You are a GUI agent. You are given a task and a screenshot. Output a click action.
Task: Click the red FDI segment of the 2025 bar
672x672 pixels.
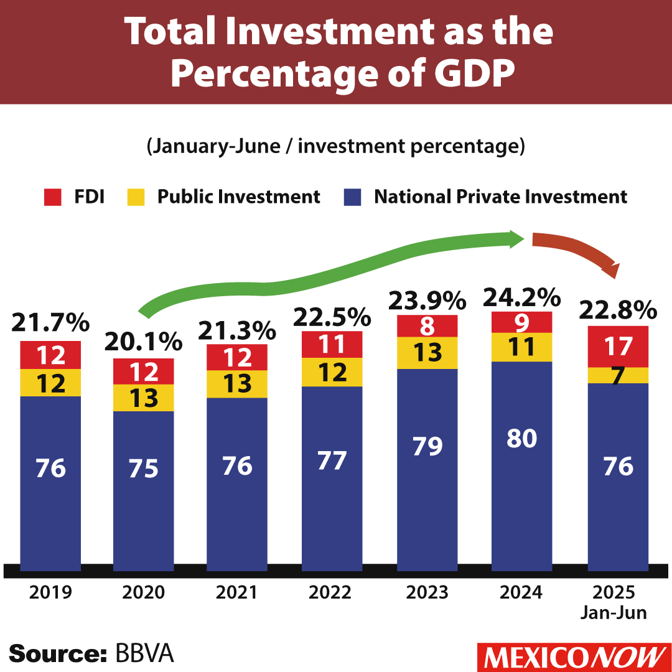click(618, 347)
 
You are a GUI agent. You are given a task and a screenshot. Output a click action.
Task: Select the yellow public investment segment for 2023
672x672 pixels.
click(427, 353)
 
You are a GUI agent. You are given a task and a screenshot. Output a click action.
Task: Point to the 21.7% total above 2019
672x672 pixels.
click(51, 323)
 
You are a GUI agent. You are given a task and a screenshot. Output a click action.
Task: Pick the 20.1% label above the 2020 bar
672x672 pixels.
click(143, 342)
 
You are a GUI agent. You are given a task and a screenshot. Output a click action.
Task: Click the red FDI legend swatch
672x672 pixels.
click(51, 197)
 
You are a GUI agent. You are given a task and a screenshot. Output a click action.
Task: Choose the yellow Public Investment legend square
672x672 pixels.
click(136, 197)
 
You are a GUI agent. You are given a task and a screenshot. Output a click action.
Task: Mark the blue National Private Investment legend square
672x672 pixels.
click(352, 197)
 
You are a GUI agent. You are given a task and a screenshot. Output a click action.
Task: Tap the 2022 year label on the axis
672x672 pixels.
click(332, 592)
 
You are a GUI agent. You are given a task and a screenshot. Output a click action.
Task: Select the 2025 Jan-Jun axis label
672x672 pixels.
click(614, 602)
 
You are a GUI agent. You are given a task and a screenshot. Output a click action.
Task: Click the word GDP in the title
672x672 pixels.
click(472, 73)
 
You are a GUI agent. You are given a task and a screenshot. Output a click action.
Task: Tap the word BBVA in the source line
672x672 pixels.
click(144, 654)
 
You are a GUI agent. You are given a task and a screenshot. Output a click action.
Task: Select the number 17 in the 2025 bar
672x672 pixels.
click(618, 347)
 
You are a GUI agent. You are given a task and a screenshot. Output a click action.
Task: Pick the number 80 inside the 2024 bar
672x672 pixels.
click(522, 439)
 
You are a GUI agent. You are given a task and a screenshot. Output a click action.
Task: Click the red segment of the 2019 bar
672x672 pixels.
click(50, 355)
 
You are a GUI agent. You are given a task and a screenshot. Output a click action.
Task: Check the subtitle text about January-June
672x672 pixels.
click(336, 147)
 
